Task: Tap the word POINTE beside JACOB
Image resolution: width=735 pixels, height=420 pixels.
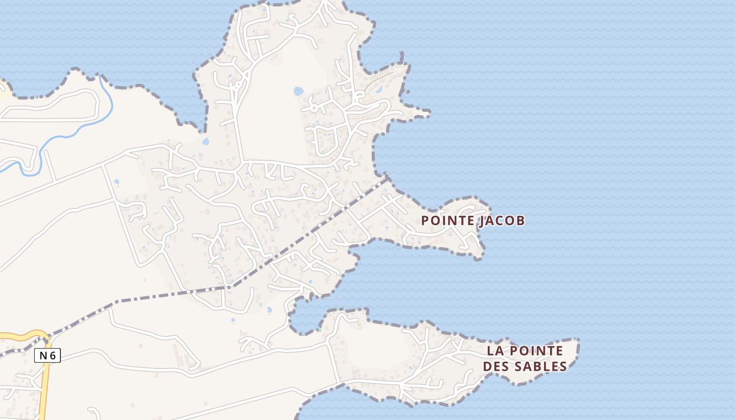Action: (x=449, y=220)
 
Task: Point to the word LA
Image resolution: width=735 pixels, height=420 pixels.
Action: (x=495, y=351)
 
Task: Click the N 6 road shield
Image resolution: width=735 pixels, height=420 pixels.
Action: (x=47, y=355)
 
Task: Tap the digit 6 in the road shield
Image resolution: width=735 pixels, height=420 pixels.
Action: (x=52, y=355)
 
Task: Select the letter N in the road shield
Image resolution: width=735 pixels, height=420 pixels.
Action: (x=43, y=355)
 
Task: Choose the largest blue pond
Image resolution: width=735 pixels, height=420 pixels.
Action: (x=298, y=91)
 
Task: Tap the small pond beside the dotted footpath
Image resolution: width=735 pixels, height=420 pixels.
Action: (x=379, y=89)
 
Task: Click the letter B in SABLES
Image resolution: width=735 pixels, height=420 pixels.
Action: (x=540, y=366)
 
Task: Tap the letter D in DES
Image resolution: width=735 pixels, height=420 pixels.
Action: (x=487, y=366)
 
